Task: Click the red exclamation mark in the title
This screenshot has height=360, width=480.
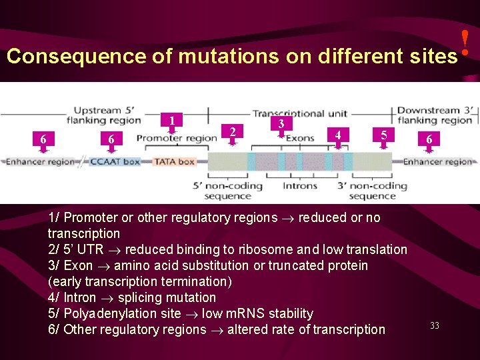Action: pos(465,41)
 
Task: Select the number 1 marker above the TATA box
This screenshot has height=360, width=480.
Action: pos(172,121)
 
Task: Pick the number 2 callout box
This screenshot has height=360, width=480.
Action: pos(231,132)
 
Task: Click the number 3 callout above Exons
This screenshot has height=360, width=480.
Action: pos(281,124)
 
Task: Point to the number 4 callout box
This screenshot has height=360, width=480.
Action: pos(338,135)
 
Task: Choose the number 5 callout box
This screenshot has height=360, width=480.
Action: pos(383,135)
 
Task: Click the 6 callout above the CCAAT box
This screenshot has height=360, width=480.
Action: pos(111,139)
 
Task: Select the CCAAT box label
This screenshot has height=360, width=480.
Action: pos(115,161)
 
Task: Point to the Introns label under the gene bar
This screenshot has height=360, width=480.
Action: pos(300,186)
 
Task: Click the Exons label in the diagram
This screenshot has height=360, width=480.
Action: pos(300,139)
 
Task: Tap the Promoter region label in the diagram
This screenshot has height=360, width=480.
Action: pos(177,139)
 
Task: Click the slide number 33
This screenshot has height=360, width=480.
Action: pos(434,325)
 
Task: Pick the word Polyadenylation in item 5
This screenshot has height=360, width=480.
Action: pos(122,313)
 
